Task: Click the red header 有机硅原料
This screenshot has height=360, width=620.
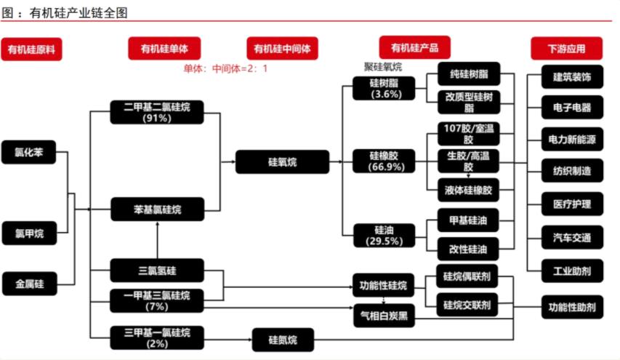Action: [x=31, y=49]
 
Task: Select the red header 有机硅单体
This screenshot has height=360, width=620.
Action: [x=164, y=49]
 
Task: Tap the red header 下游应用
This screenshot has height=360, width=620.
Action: [x=566, y=49]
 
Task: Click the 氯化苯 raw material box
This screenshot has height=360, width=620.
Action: [x=29, y=152]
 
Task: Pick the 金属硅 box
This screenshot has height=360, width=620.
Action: [x=29, y=284]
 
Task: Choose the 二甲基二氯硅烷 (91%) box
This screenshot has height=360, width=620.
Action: [x=157, y=112]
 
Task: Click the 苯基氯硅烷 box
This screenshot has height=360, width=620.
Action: [x=157, y=209]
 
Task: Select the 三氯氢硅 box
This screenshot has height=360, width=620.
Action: [x=157, y=271]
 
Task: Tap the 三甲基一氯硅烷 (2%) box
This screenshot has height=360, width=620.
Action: [x=157, y=337]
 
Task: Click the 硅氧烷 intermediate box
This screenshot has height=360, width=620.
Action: [x=282, y=161]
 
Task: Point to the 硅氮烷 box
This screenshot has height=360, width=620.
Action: [x=282, y=340]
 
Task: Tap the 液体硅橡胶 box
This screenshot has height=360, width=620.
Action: [x=468, y=191]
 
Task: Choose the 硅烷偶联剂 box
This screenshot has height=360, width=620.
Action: [x=467, y=277]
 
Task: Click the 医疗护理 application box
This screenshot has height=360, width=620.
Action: [x=571, y=204]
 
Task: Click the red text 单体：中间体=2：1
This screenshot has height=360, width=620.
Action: [x=225, y=69]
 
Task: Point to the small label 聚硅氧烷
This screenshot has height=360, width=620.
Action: [x=383, y=67]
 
